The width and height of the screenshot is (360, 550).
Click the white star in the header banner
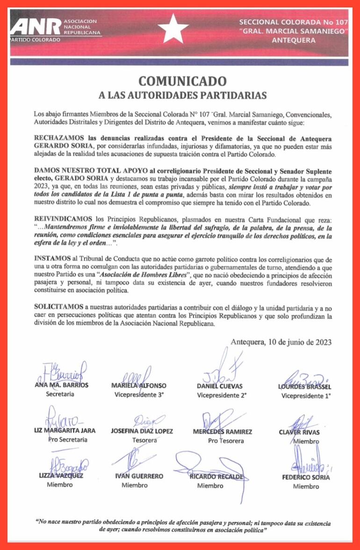tap(173, 29)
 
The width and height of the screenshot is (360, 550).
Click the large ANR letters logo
tap(35, 27)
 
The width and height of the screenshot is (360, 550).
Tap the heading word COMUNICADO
tap(182, 81)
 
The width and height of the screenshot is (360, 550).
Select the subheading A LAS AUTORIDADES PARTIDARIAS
tap(182, 95)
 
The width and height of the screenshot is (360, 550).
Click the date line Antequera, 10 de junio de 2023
tap(281, 342)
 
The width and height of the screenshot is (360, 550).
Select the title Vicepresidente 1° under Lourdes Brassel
tap(306, 396)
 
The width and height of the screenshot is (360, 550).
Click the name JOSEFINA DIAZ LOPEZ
tap(142, 431)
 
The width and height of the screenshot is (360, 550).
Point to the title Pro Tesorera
tap(225, 441)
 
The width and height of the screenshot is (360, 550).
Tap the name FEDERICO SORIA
tap(306, 477)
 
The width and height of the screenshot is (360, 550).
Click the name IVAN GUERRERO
tap(139, 476)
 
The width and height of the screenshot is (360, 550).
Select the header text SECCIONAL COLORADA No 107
tap(293, 22)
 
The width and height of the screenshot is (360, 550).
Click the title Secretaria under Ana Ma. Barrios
tap(60, 394)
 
